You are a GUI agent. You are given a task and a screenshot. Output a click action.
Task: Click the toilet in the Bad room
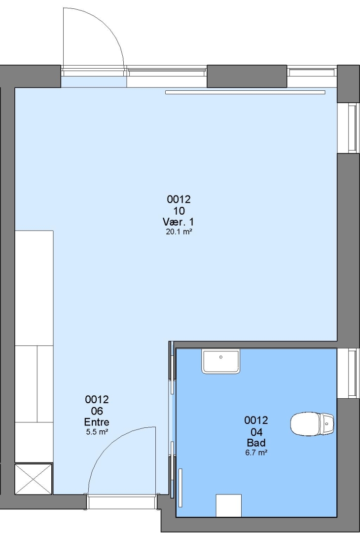(312, 424)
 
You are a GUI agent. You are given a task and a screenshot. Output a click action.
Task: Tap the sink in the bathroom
(221, 361)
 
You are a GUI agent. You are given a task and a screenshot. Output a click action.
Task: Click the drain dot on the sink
(221, 357)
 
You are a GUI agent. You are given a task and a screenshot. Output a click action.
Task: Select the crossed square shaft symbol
(33, 479)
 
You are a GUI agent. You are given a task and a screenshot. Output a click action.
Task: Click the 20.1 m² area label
(179, 232)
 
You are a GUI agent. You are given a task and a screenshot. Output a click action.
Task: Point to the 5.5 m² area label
(97, 432)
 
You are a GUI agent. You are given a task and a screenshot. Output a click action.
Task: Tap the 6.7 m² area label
(256, 453)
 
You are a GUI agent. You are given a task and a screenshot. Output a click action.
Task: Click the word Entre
(97, 422)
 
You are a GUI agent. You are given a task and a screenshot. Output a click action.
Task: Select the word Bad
(256, 443)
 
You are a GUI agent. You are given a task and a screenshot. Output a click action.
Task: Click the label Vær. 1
(179, 222)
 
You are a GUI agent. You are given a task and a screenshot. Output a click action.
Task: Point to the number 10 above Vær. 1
(179, 211)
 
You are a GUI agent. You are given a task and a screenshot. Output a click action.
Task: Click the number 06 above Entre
(97, 411)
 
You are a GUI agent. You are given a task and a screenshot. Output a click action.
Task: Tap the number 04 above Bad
(256, 432)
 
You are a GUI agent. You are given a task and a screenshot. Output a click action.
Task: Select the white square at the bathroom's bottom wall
(228, 505)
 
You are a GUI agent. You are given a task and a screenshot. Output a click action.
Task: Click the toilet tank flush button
(327, 424)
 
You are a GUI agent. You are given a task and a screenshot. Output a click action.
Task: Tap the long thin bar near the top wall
(245, 92)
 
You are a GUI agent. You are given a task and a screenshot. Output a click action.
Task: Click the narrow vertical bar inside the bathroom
(180, 488)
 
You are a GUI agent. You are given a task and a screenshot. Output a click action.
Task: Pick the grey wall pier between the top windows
(247, 76)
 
